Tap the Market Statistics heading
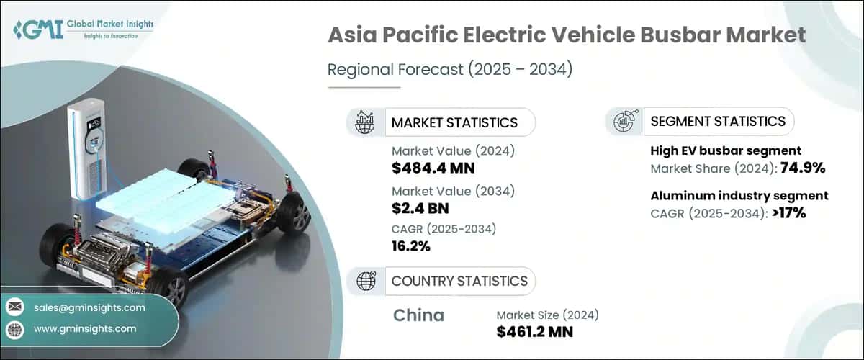[x=454, y=122]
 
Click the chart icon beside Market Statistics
[x=365, y=122]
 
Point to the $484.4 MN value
[x=433, y=168]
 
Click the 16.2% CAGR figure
[x=411, y=246]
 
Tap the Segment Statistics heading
[x=718, y=121]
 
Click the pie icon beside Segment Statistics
[x=623, y=122]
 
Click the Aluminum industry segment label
[x=739, y=195]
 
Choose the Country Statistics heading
[x=459, y=281]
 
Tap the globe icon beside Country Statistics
[x=365, y=281]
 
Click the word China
[x=419, y=315]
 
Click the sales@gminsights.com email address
[x=89, y=307]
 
